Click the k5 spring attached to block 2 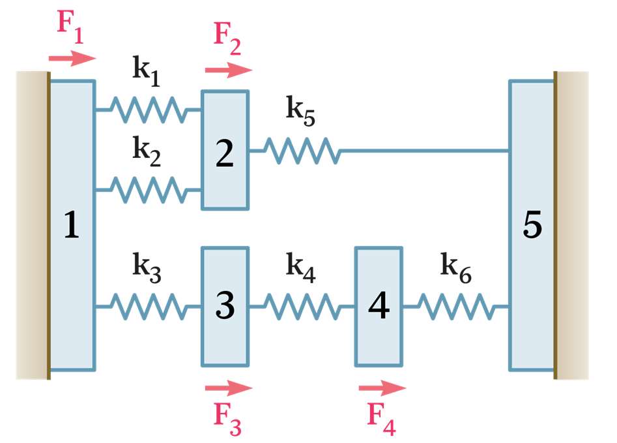[x=301, y=151]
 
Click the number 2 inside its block [x=224, y=154]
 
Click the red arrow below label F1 [x=72, y=59]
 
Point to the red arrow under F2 [x=228, y=70]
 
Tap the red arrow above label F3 [x=228, y=388]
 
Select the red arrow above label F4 [x=382, y=388]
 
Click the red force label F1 [x=70, y=26]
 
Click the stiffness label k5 [x=300, y=110]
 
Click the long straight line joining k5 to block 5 [x=423, y=151]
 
